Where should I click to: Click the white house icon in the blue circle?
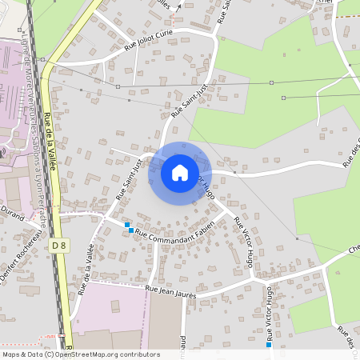180,173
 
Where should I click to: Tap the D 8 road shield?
58,246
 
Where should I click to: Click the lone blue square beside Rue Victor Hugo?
269,345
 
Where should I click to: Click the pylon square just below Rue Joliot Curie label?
118,86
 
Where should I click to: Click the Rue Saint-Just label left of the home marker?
128,179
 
